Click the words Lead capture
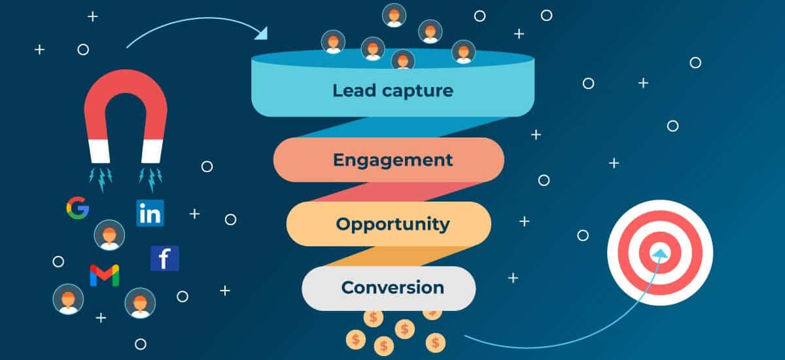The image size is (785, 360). (x=393, y=91)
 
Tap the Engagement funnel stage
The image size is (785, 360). (x=389, y=160)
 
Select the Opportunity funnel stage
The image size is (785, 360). (x=389, y=224)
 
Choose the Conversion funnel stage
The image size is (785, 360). (x=389, y=288)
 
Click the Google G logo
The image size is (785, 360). (x=77, y=208)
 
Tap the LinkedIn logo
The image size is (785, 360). (x=150, y=213)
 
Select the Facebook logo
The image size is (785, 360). (x=165, y=259)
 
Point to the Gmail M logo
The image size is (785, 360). (x=105, y=276)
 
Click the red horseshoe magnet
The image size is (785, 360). (x=126, y=116)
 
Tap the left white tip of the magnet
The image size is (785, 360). (x=99, y=151)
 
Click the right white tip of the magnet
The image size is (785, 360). (x=152, y=151)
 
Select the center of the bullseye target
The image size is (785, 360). (x=660, y=253)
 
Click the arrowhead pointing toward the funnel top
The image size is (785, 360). (x=262, y=33)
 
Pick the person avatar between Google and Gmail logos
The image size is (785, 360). (x=109, y=235)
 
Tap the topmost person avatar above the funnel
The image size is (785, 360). (x=394, y=15)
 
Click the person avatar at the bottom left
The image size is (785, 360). (x=68, y=299)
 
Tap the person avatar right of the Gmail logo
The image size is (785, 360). (x=140, y=303)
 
